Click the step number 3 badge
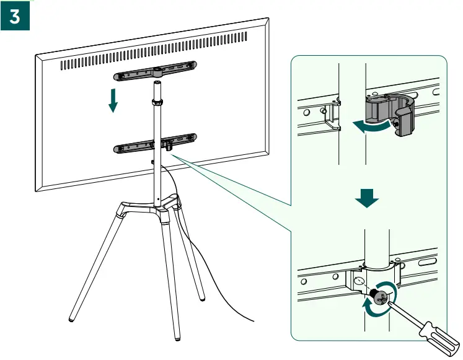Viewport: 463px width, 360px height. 15,17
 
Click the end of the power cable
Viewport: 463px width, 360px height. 253,321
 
